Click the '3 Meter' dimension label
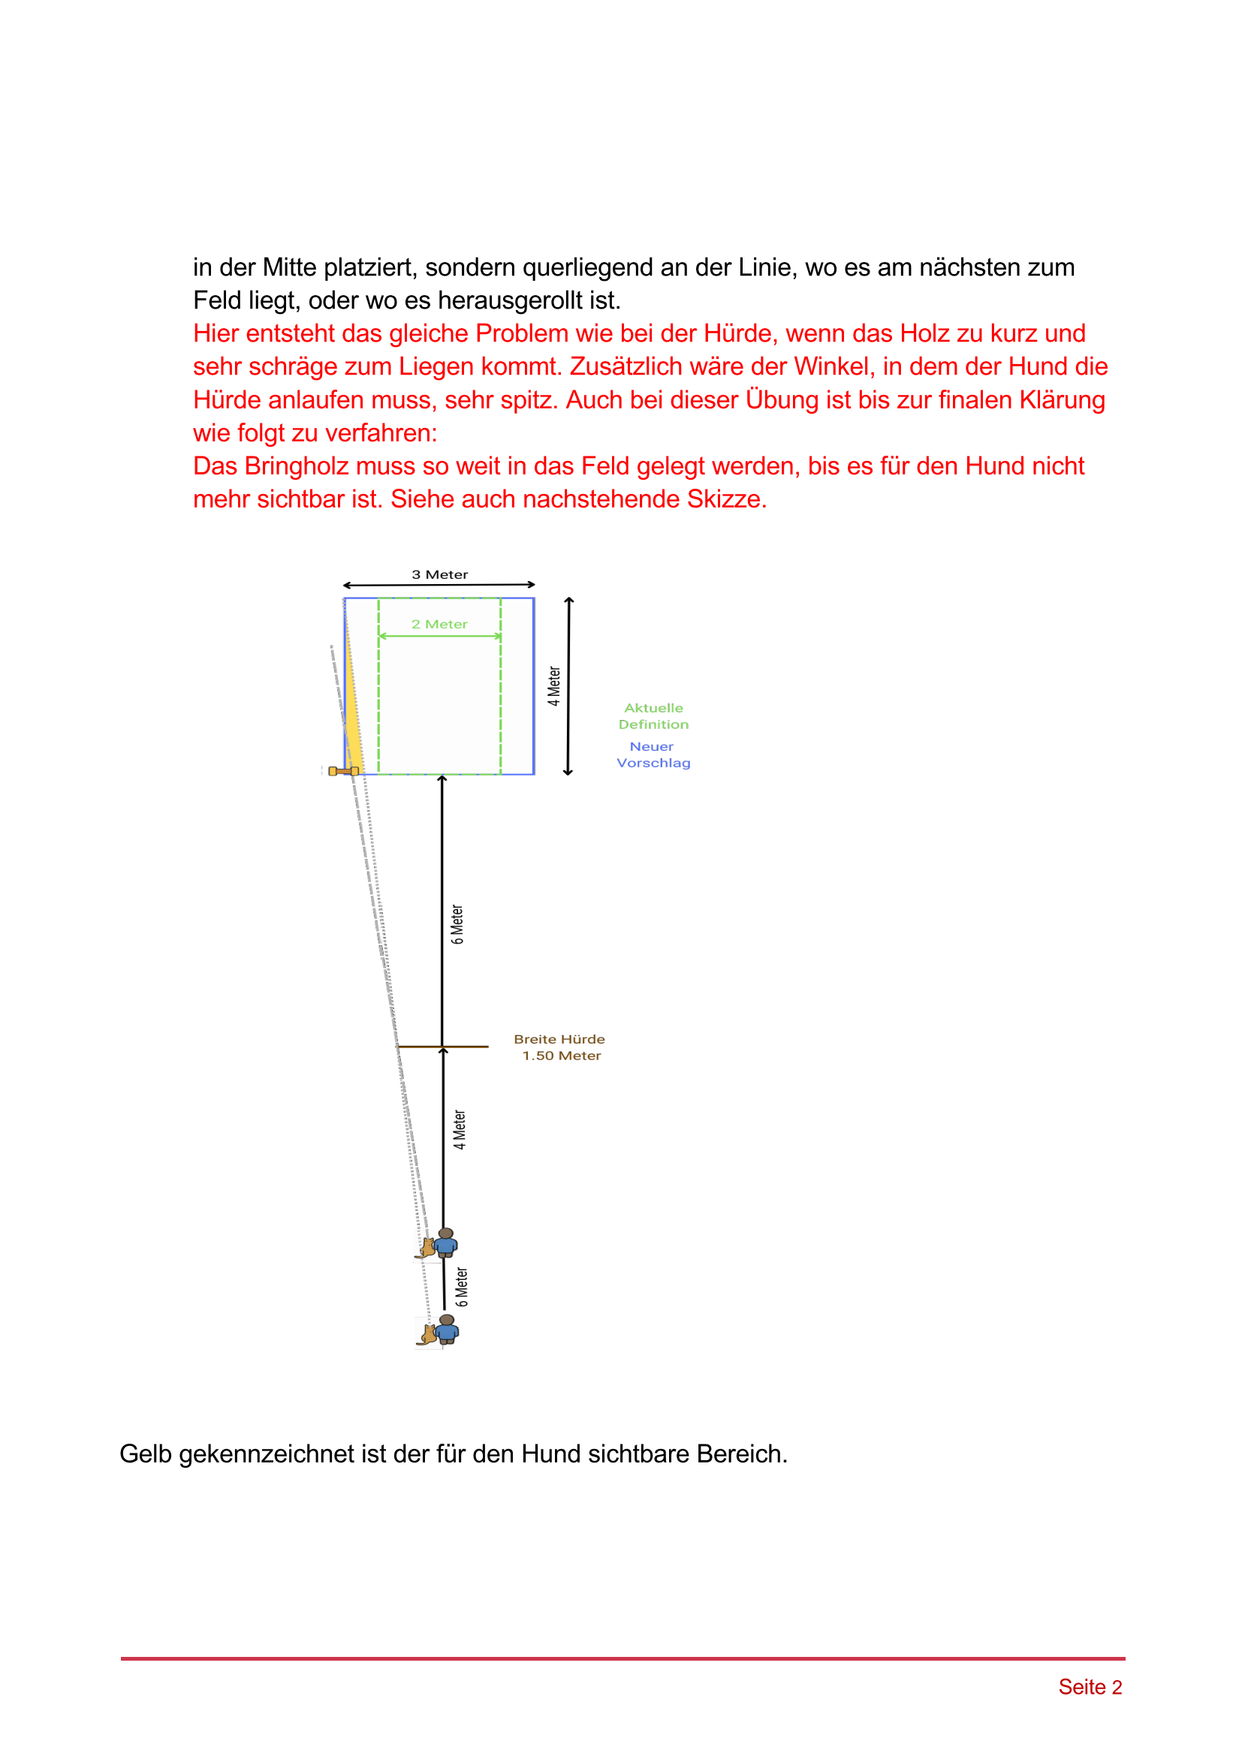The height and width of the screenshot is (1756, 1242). [x=440, y=574]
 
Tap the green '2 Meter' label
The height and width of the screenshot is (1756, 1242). [x=439, y=624]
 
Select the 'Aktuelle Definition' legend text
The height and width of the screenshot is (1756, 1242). [x=653, y=716]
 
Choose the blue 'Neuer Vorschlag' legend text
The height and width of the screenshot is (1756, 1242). [x=653, y=754]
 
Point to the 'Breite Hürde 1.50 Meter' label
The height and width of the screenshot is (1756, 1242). [x=560, y=1047]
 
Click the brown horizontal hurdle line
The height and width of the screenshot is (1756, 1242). [x=459, y=1046]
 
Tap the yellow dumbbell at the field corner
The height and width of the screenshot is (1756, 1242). [x=343, y=771]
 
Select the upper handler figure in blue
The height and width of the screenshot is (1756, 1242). [x=445, y=1242]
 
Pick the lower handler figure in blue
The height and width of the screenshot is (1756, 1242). [x=447, y=1329]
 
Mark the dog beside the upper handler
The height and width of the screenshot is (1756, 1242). [x=427, y=1248]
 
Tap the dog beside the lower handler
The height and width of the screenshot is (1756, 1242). [x=427, y=1334]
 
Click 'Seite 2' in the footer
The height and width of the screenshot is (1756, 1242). [x=1089, y=1686]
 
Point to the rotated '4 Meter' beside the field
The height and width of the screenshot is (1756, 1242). [x=553, y=686]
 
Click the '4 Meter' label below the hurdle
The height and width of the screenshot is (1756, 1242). [x=459, y=1130]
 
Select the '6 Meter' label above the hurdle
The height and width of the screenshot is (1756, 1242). [x=457, y=924]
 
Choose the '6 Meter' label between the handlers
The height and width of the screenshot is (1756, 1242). [x=461, y=1287]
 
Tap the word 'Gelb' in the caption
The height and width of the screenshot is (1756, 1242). [x=146, y=1453]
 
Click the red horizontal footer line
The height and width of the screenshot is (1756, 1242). [x=623, y=1658]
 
